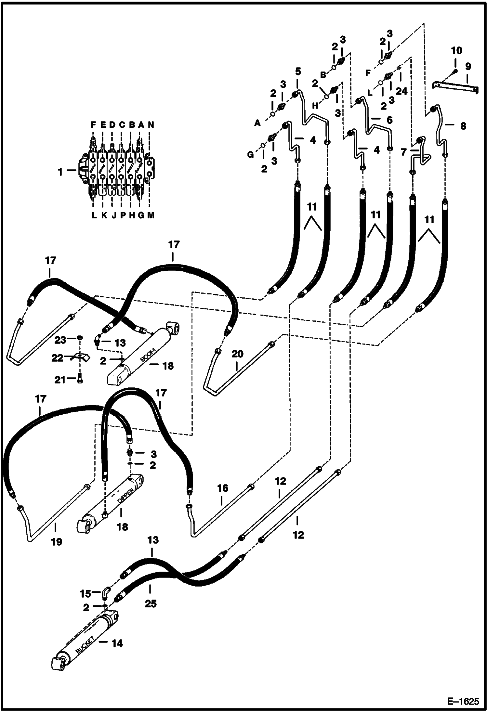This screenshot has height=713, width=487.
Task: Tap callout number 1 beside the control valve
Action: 60,172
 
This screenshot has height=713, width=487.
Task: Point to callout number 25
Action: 151,603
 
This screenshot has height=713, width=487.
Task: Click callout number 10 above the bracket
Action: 456,51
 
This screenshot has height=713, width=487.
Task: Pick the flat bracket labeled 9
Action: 455,86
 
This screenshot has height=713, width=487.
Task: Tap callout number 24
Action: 401,91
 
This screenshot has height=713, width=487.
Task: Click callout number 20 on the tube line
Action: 237,354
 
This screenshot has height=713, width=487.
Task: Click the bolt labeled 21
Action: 80,379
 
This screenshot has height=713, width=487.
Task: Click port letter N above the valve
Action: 151,125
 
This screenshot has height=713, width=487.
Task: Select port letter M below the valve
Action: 151,215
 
